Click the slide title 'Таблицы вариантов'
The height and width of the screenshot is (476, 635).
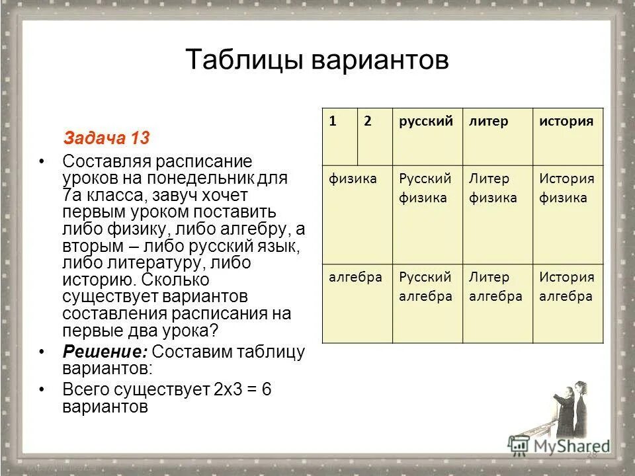(317, 60)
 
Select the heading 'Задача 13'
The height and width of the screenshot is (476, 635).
(106, 138)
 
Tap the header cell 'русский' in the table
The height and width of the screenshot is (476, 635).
(426, 122)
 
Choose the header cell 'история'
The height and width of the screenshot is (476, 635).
(566, 122)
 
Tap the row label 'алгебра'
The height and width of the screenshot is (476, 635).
(356, 277)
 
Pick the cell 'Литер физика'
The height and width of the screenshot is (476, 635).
(493, 188)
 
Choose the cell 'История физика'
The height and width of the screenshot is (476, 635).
(567, 188)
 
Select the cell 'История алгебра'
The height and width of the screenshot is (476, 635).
(567, 287)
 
